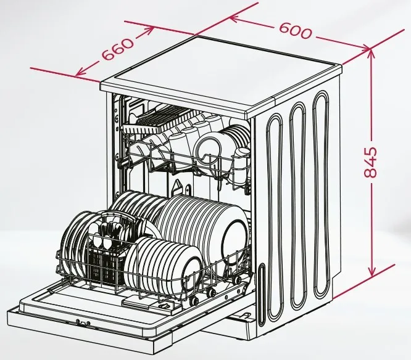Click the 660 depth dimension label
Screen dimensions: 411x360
[118, 49]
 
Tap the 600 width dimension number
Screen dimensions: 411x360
[296, 31]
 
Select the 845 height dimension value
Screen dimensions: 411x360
[371, 162]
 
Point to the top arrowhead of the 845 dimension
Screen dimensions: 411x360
[371, 54]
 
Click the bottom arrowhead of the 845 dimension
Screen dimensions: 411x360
[372, 271]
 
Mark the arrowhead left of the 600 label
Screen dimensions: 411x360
[236, 18]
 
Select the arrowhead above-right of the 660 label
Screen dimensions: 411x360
[147, 30]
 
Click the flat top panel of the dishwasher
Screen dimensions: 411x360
[221, 73]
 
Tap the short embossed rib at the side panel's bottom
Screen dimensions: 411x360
[262, 295]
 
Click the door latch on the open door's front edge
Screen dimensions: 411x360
[83, 323]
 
